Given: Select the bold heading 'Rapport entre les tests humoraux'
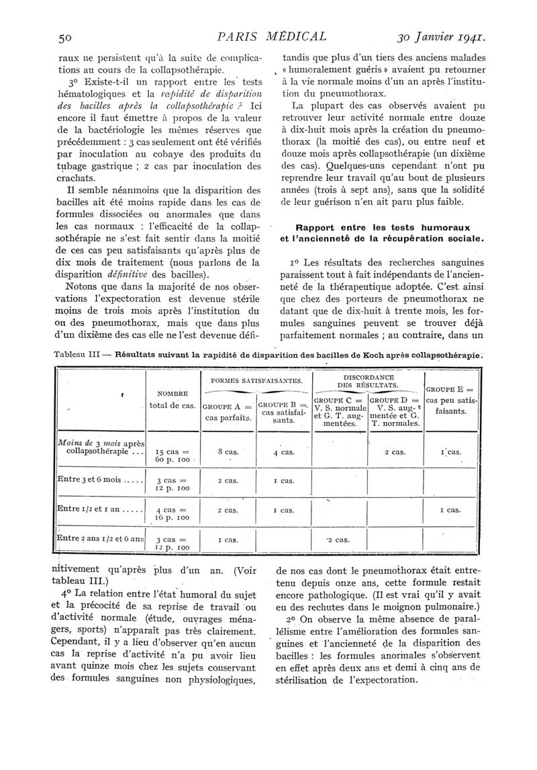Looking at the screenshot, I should pos(375,227).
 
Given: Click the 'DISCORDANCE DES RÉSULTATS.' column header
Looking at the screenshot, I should pos(367,381).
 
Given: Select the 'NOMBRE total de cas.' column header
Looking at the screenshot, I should pos(172,399).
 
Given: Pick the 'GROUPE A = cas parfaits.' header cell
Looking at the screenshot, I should pos(227,412).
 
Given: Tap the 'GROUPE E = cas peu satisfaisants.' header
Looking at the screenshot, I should pos(450,401).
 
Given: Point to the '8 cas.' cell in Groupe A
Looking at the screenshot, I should pos(227,452).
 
